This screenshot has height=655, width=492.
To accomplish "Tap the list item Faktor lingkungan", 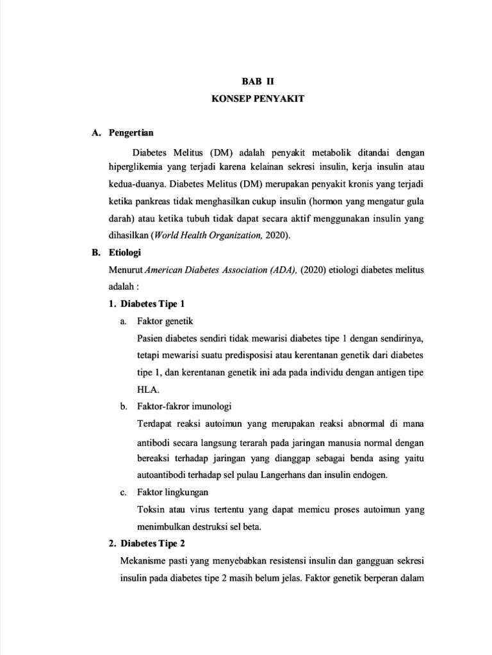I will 172,493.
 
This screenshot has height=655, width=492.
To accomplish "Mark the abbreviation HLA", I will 147,390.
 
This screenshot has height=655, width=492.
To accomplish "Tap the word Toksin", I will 151,510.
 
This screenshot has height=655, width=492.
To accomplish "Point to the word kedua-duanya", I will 135,184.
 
